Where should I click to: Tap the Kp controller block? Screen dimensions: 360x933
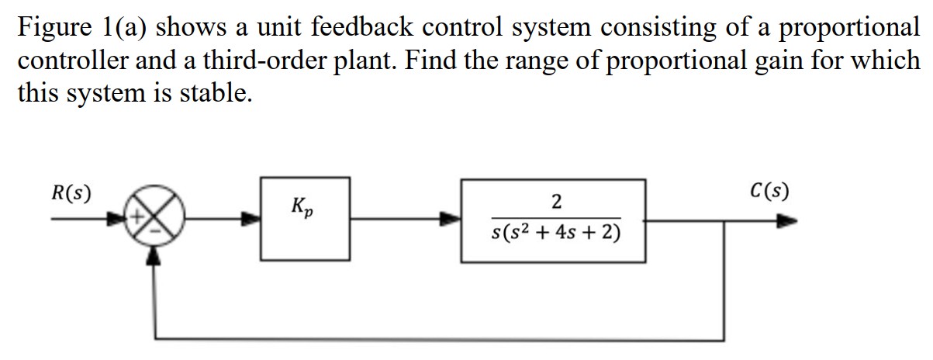pos(304,219)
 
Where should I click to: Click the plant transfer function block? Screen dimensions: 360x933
pos(554,220)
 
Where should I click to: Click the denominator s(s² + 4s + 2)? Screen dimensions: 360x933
pos(555,234)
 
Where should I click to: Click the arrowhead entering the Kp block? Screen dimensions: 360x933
pos(251,220)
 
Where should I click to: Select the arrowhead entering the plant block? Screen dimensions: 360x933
pos(452,220)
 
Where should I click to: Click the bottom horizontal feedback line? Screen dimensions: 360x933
pos(442,339)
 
